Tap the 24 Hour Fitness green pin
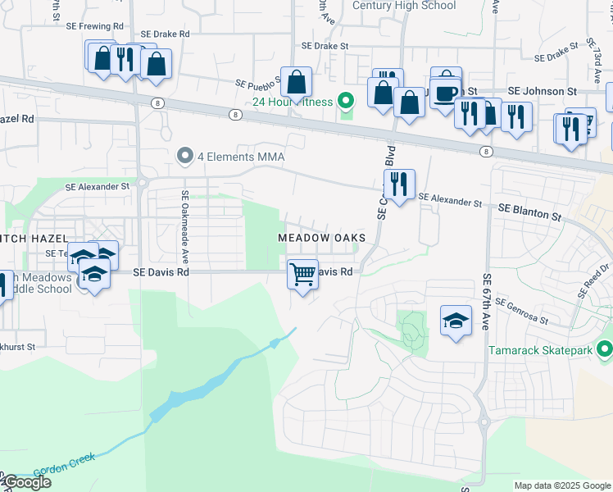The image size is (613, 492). [x=346, y=102]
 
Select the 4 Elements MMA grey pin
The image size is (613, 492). [x=185, y=155]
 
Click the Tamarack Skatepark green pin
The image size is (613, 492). [x=605, y=350]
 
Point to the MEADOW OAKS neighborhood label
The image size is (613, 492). [x=321, y=237]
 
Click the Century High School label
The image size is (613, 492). [x=404, y=6]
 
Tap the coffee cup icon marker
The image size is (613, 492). [x=446, y=93]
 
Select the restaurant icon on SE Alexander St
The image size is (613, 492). [x=399, y=184]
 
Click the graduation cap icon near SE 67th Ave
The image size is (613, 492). [x=456, y=320]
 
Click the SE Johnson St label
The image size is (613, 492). [x=543, y=91]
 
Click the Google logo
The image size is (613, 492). [x=27, y=482]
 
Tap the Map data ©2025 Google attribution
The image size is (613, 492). [x=562, y=485]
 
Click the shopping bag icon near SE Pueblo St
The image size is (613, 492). [x=297, y=81]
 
